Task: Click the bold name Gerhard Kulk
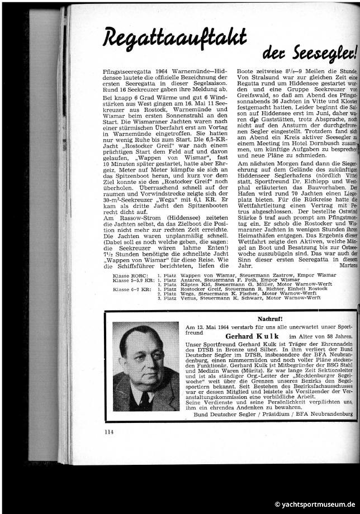[x=248, y=336]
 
